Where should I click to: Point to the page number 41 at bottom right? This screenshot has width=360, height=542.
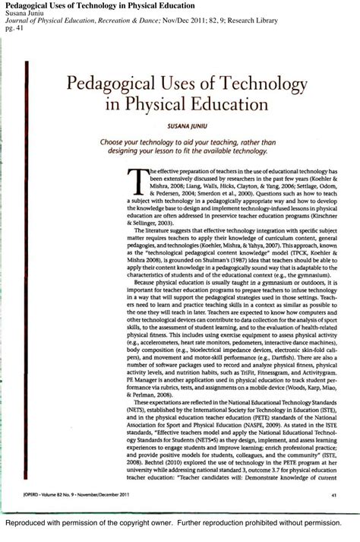[x=334, y=495]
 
